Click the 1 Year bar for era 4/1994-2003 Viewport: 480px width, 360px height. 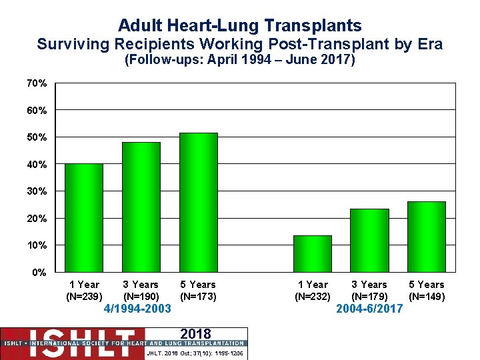(x=84, y=218)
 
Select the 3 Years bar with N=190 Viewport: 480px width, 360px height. (x=141, y=207)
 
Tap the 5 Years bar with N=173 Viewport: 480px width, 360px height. (x=198, y=203)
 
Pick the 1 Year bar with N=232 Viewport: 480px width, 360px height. (x=313, y=254)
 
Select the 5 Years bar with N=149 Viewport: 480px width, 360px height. (x=427, y=237)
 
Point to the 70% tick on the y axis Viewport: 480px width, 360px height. (x=37, y=83)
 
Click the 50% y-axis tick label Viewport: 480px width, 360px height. (x=37, y=137)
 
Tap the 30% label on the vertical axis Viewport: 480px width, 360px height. (x=37, y=191)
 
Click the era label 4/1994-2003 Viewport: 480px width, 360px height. (x=138, y=309)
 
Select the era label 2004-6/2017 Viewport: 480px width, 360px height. (x=369, y=309)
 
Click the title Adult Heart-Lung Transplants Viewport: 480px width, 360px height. (x=240, y=25)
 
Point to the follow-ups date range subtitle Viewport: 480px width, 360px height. (x=240, y=61)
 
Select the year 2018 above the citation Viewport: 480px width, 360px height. (x=195, y=334)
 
